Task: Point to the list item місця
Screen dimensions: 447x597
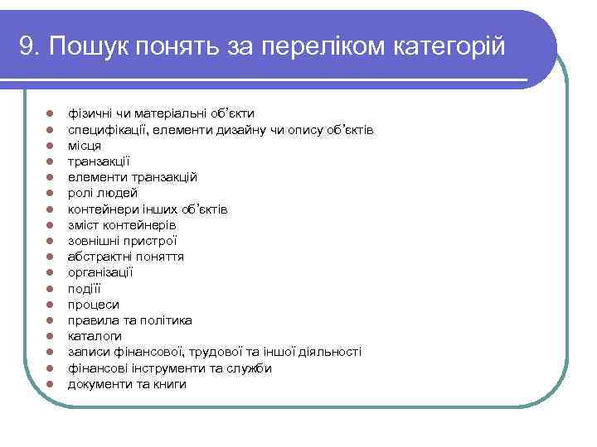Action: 85,145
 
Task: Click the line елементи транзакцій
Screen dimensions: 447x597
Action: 133,177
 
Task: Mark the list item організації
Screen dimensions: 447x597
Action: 100,272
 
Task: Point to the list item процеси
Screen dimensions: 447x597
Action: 94,305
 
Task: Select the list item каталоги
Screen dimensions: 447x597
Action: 95,336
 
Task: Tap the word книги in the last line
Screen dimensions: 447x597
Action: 169,384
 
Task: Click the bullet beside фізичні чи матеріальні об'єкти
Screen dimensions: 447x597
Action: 51,113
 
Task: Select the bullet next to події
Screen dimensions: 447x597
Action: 51,289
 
